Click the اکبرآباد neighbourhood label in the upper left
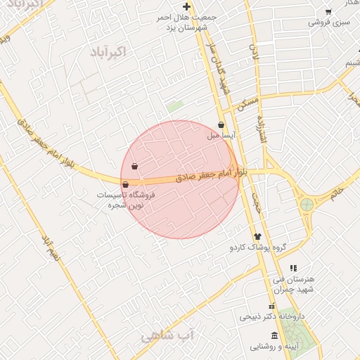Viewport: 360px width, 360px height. pyautogui.click(x=107, y=52)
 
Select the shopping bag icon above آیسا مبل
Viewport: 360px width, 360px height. pyautogui.click(x=221, y=124)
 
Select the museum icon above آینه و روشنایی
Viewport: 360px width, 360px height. pyautogui.click(x=274, y=335)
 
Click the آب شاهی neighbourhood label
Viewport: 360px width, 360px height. pyautogui.click(x=167, y=336)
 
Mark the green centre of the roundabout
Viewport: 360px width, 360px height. pyautogui.click(x=307, y=205)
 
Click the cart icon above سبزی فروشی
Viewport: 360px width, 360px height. pyautogui.click(x=328, y=12)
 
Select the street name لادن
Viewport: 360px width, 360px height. pyautogui.click(x=255, y=53)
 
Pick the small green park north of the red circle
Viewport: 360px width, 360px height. pyautogui.click(x=174, y=107)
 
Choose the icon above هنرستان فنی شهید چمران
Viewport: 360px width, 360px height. pyautogui.click(x=293, y=268)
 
